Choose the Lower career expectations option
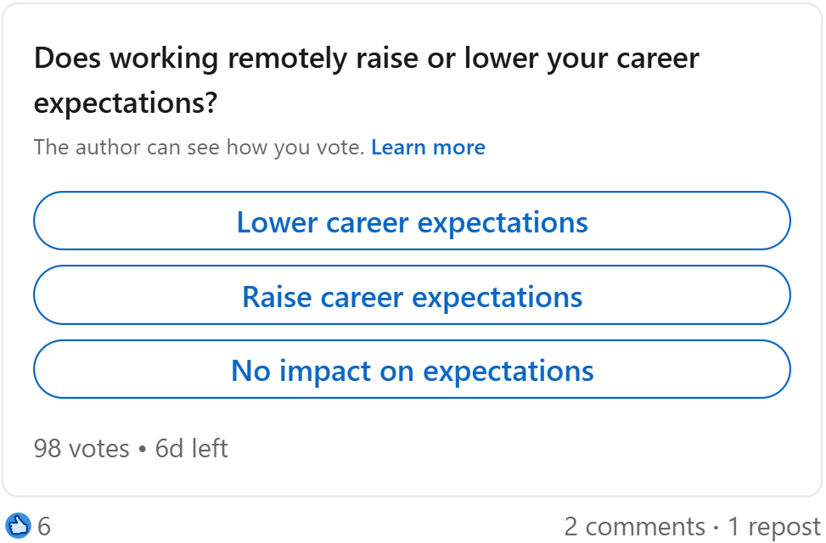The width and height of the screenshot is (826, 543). click(x=412, y=221)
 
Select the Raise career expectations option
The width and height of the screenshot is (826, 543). click(x=412, y=296)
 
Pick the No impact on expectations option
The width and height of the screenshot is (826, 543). click(x=412, y=370)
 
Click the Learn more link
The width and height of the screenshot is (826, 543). click(x=428, y=148)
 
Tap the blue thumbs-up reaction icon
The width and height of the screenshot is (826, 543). click(x=18, y=526)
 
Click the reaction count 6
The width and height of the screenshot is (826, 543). click(x=44, y=527)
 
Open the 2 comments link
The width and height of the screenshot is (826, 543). click(x=634, y=527)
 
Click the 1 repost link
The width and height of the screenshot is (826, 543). click(x=774, y=527)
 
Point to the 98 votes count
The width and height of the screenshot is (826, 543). click(x=81, y=448)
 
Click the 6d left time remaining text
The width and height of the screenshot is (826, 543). click(x=192, y=448)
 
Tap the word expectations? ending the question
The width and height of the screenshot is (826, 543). click(x=126, y=104)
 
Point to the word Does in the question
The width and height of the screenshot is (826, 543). click(x=68, y=59)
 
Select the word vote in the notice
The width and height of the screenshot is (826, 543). click(x=341, y=148)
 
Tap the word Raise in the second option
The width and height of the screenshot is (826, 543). click(x=275, y=297)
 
